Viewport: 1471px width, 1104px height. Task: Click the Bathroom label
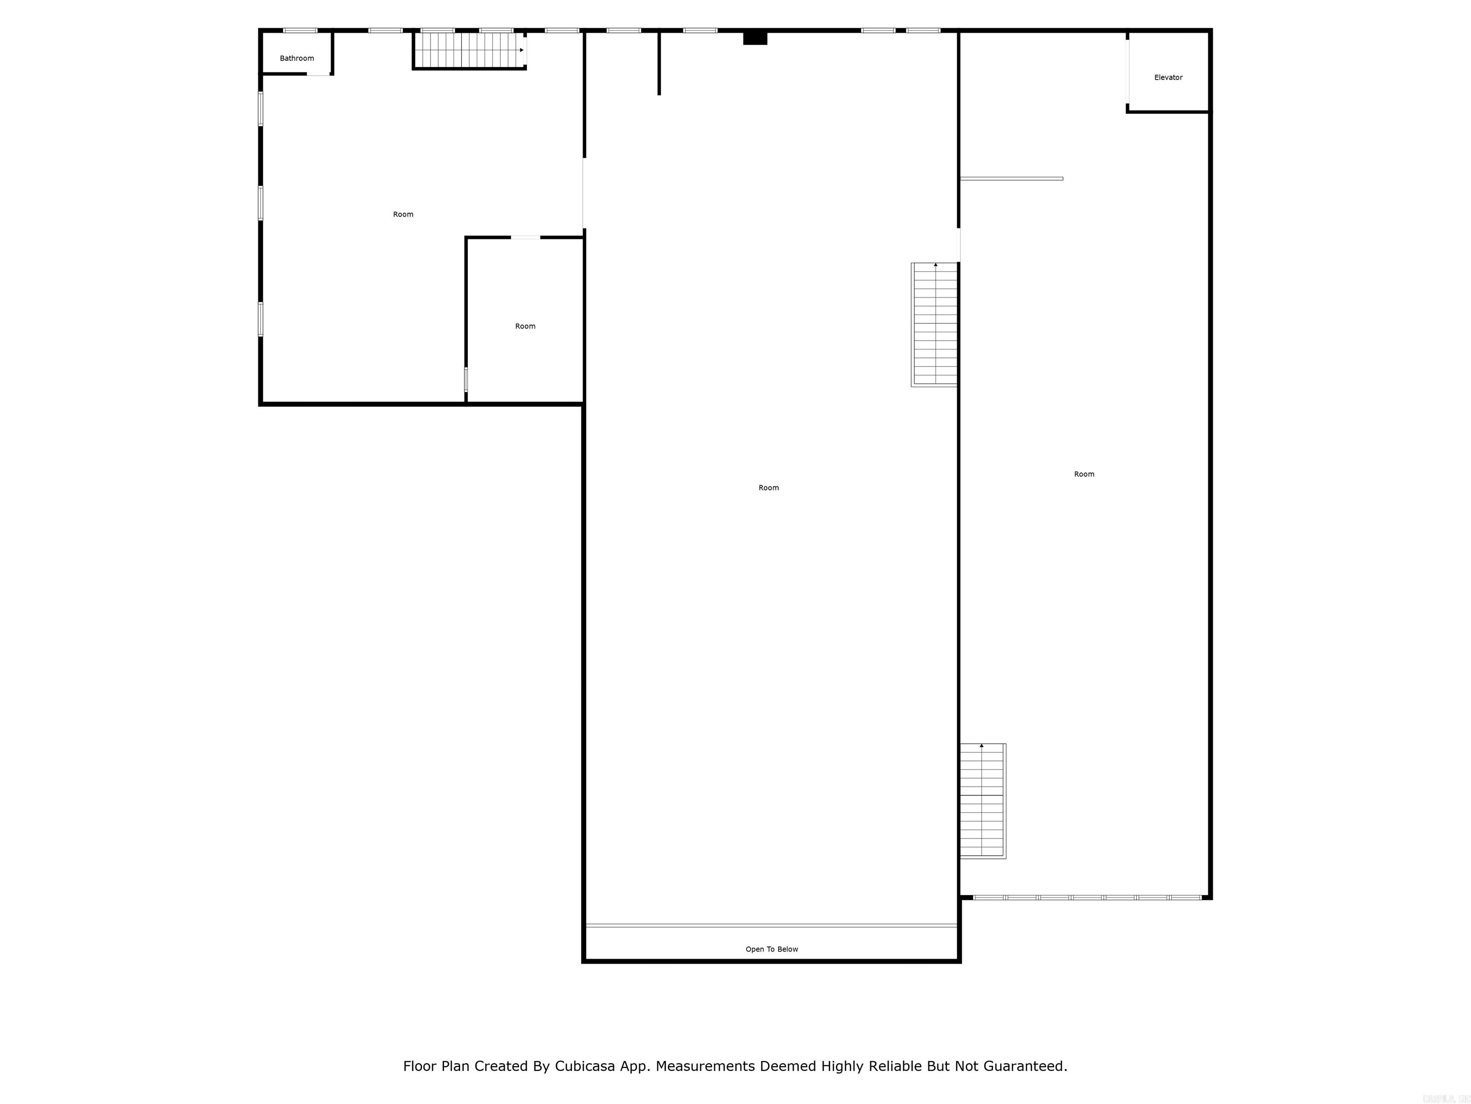(x=296, y=58)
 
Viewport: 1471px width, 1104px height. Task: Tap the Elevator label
(x=1168, y=78)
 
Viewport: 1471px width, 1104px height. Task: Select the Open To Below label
(x=771, y=949)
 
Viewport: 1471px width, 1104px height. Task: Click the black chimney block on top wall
(x=755, y=38)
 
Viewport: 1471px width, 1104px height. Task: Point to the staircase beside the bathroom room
(x=469, y=50)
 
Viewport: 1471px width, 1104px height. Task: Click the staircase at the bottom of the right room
(x=982, y=801)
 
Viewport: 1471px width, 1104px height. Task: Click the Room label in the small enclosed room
(x=525, y=326)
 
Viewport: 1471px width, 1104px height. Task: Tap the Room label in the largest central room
(x=768, y=488)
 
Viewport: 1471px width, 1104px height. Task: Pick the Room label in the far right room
(x=1084, y=474)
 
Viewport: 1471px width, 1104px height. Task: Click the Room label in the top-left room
(x=403, y=214)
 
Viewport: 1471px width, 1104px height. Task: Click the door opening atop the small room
(x=525, y=238)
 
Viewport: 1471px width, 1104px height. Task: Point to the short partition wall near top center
(x=659, y=63)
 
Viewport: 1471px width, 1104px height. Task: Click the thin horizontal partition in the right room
(x=1011, y=178)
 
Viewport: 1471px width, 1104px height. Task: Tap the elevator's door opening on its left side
(x=1127, y=72)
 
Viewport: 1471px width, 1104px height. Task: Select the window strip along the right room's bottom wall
(x=1087, y=897)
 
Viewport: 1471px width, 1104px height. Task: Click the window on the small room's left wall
(x=465, y=380)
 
